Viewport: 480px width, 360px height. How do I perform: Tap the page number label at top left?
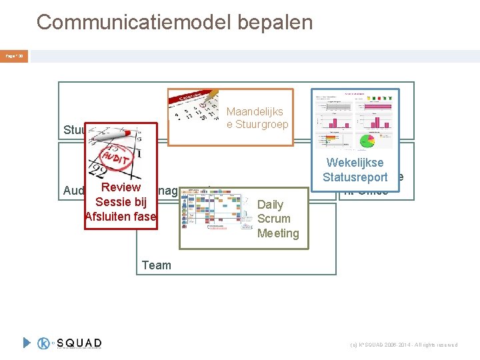[15, 57]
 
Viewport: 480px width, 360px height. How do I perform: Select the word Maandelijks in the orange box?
[255, 112]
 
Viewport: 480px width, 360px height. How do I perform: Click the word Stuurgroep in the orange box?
[257, 125]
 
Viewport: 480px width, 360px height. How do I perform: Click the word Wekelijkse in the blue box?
[355, 163]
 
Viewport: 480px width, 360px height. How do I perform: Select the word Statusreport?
[355, 177]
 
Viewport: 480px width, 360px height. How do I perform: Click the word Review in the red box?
[121, 188]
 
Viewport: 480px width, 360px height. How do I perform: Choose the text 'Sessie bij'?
[121, 202]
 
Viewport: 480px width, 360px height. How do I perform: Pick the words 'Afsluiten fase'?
[121, 216]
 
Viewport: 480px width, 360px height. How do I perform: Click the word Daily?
[270, 205]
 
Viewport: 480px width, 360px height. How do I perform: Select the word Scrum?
[273, 219]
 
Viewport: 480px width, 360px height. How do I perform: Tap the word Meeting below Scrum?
[278, 233]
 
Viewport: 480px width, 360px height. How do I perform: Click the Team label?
[156, 265]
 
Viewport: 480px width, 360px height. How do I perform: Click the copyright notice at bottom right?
[404, 345]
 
